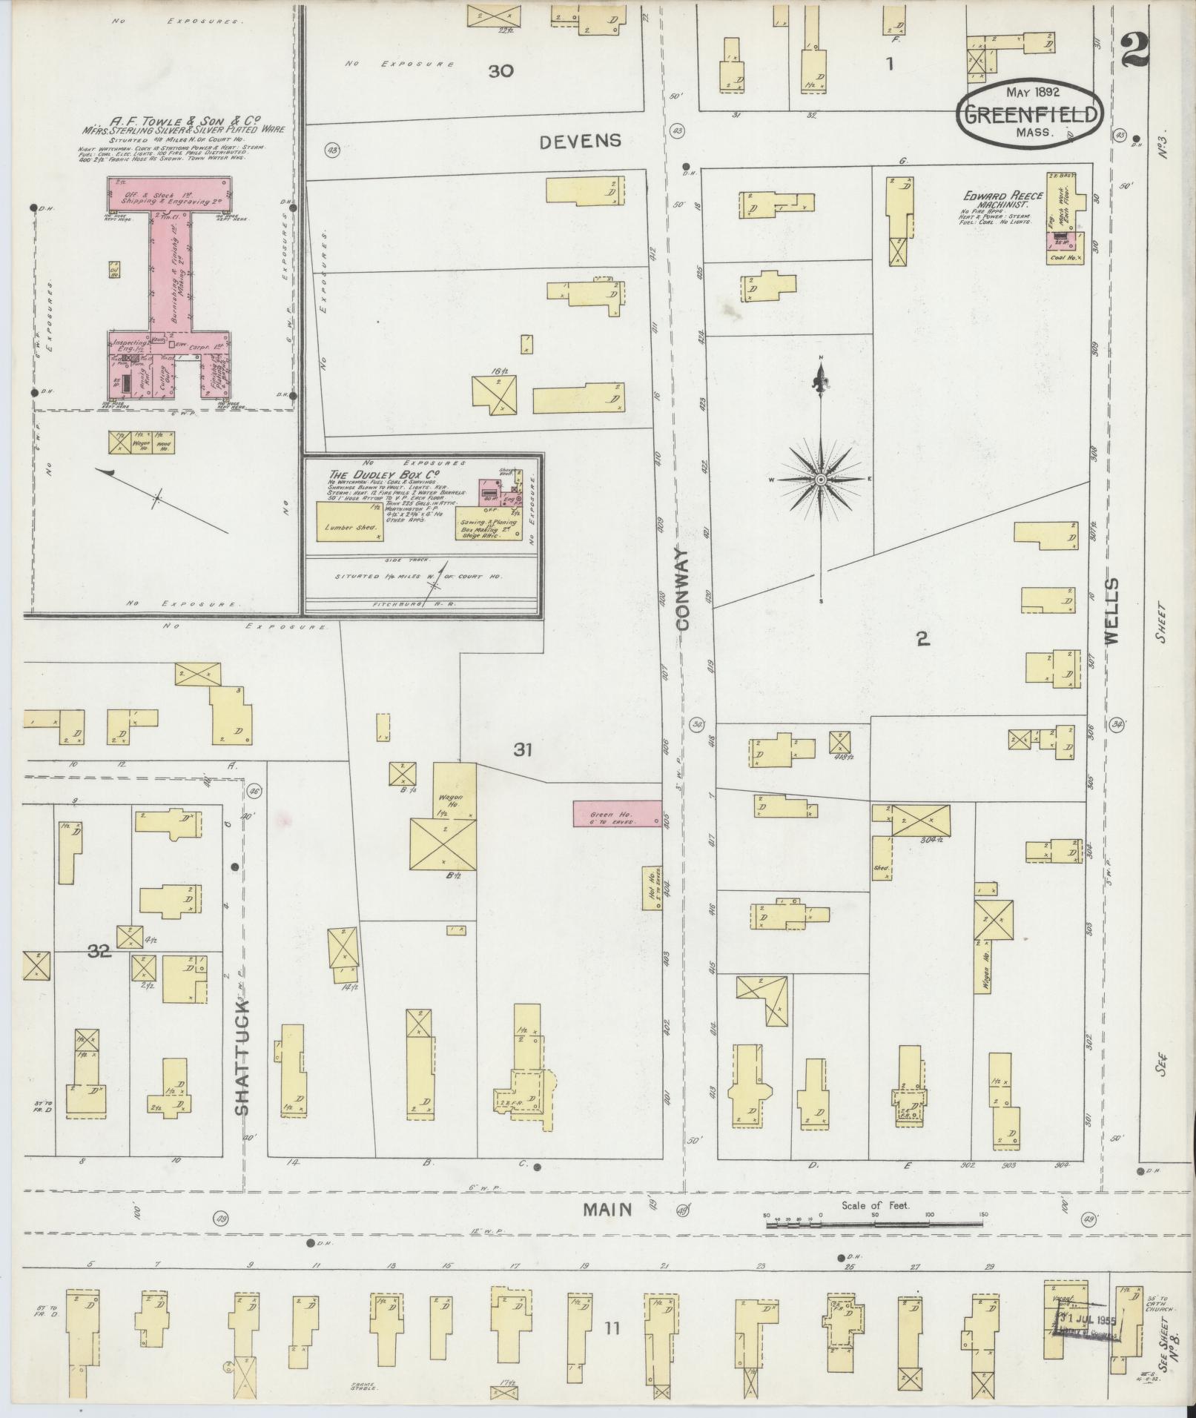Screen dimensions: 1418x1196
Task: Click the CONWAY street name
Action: tap(682, 589)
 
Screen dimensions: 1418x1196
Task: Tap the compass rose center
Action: tap(821, 480)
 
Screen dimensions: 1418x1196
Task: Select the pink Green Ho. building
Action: tap(617, 813)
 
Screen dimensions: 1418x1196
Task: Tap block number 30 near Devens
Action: tap(501, 71)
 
